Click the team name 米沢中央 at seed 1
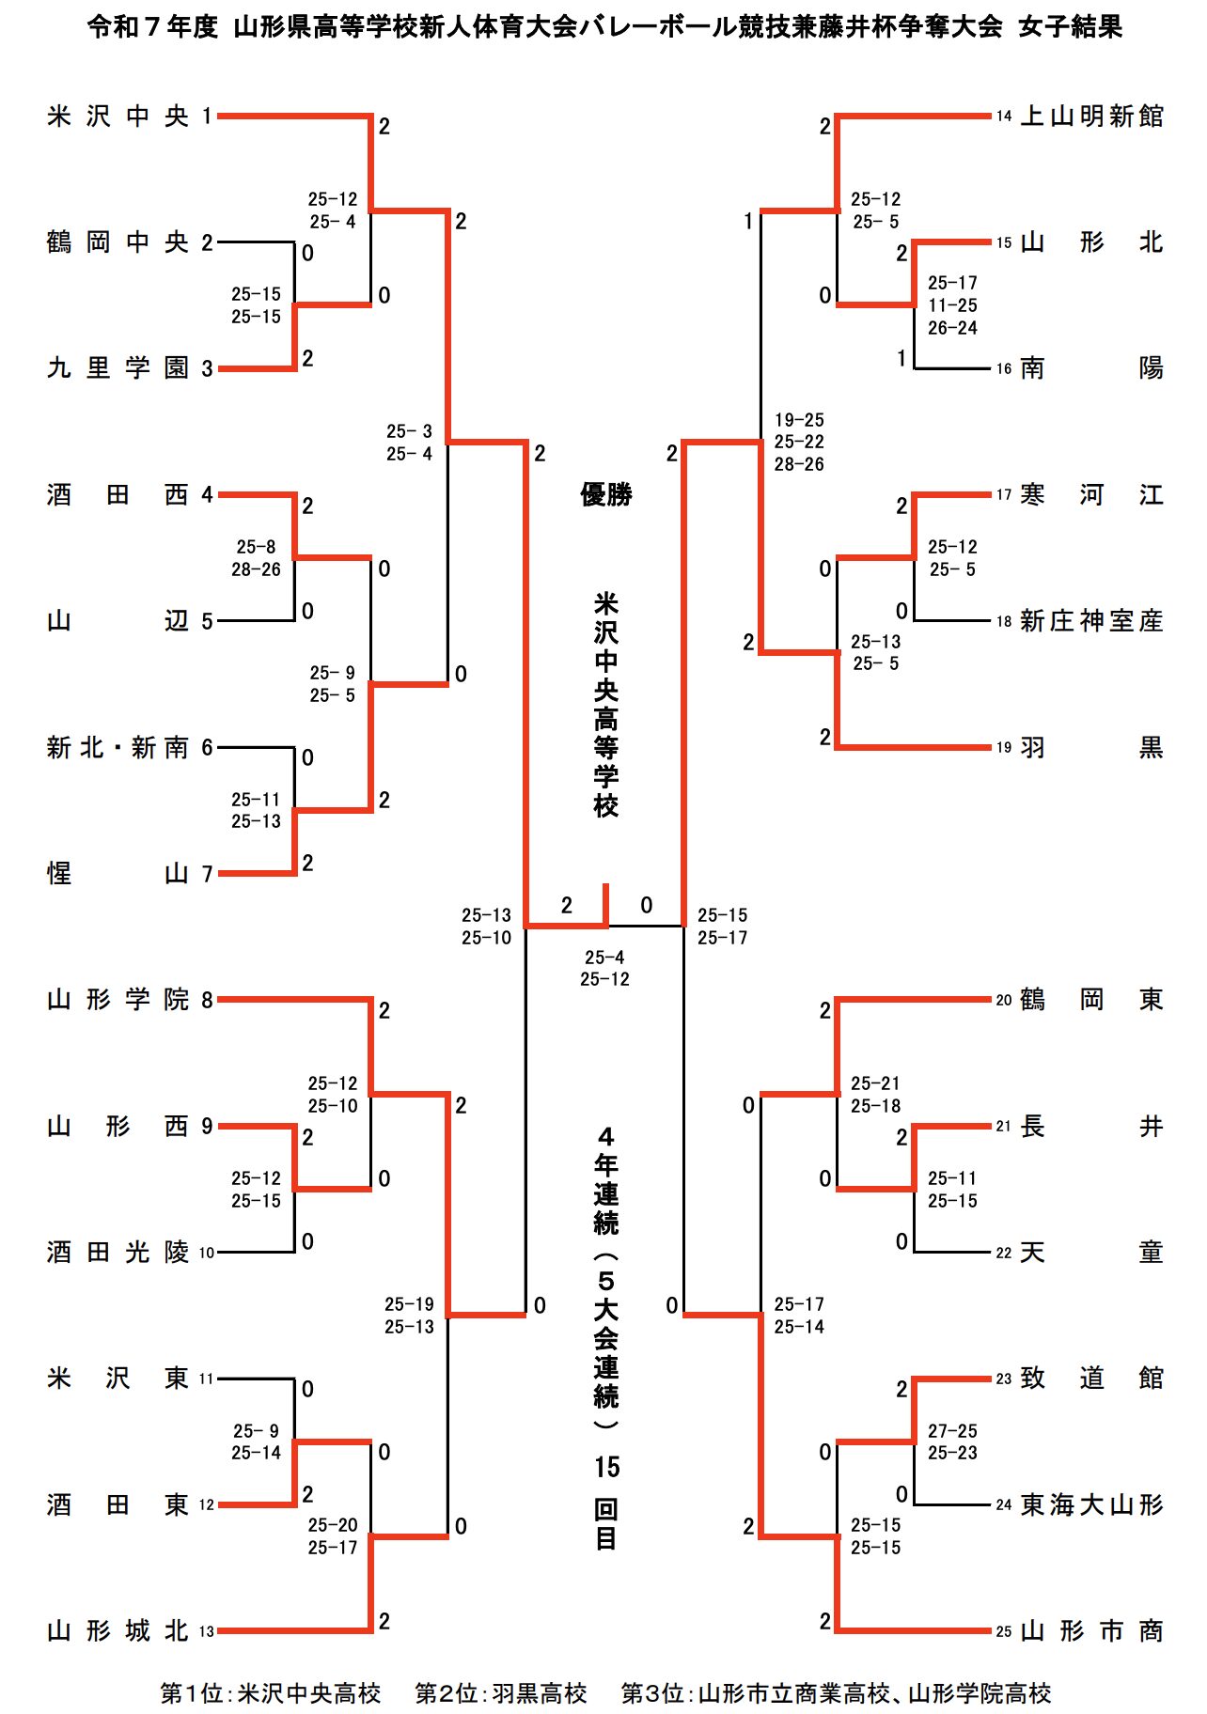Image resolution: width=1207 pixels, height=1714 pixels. tap(118, 117)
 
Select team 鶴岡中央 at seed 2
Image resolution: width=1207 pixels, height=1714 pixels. tap(118, 242)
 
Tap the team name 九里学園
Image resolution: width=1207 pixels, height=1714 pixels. tap(118, 368)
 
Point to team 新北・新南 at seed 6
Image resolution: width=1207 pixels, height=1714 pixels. tap(118, 748)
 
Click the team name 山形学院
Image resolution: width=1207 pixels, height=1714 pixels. tap(118, 1000)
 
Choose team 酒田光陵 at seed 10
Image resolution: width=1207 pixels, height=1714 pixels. tap(118, 1253)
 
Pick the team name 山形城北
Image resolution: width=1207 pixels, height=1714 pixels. tap(118, 1631)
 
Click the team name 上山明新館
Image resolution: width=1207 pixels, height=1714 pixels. tap(1091, 117)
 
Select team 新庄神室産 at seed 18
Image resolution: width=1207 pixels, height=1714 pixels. tap(1091, 621)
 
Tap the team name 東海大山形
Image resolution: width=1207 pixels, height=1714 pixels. tap(1091, 1505)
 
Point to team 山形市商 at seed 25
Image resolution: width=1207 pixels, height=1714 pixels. tap(1091, 1631)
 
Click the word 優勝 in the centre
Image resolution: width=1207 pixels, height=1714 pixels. tap(605, 494)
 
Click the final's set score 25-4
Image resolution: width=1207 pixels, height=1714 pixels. tap(604, 958)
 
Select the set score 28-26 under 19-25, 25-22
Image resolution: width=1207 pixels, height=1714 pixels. tap(799, 464)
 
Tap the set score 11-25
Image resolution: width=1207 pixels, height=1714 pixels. tap(952, 305)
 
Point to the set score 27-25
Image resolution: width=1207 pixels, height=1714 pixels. tap(952, 1431)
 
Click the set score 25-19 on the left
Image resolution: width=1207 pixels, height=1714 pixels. tap(409, 1304)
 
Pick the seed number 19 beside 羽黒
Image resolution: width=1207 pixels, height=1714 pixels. tap(1004, 748)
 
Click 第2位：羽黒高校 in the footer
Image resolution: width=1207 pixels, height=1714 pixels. tap(501, 1693)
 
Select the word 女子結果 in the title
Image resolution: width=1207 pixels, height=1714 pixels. tap(1071, 26)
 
